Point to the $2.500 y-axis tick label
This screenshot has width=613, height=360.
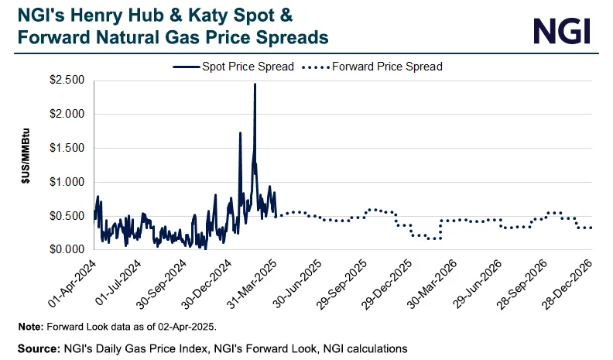tap(67, 80)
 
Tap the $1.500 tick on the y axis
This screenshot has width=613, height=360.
tap(67, 148)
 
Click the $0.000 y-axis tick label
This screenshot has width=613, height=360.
tap(67, 249)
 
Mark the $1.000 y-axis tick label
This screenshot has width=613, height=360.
tap(67, 182)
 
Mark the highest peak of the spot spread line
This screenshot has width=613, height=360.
tap(255, 84)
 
